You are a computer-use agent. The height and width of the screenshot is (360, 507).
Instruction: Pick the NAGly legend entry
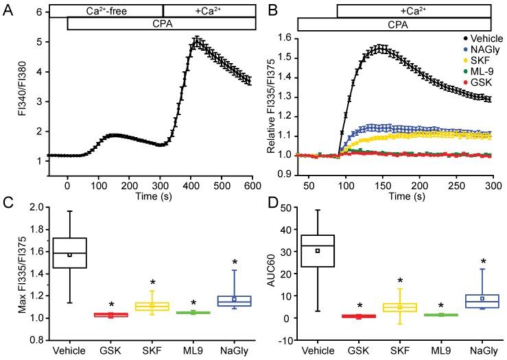(x=474, y=51)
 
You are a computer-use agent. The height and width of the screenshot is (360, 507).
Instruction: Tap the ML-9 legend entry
(x=473, y=72)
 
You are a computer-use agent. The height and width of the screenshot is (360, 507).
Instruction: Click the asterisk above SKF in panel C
(x=152, y=283)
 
